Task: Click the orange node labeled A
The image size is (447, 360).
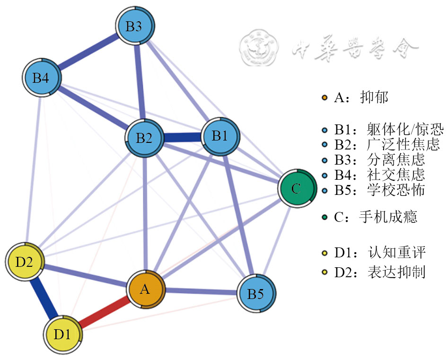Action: (x=145, y=289)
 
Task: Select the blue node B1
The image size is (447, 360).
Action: (x=219, y=136)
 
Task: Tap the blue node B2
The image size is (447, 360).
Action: (x=144, y=138)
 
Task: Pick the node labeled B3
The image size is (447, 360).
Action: (x=134, y=26)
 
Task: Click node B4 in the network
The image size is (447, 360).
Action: (x=41, y=78)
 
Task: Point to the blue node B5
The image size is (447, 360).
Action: (x=256, y=294)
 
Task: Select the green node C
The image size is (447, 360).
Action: (x=296, y=189)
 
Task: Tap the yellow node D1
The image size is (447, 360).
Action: (x=62, y=335)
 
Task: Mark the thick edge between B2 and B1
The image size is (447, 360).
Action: (x=182, y=138)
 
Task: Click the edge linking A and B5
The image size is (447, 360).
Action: (x=201, y=291)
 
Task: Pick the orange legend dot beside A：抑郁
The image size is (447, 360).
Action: (x=324, y=98)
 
